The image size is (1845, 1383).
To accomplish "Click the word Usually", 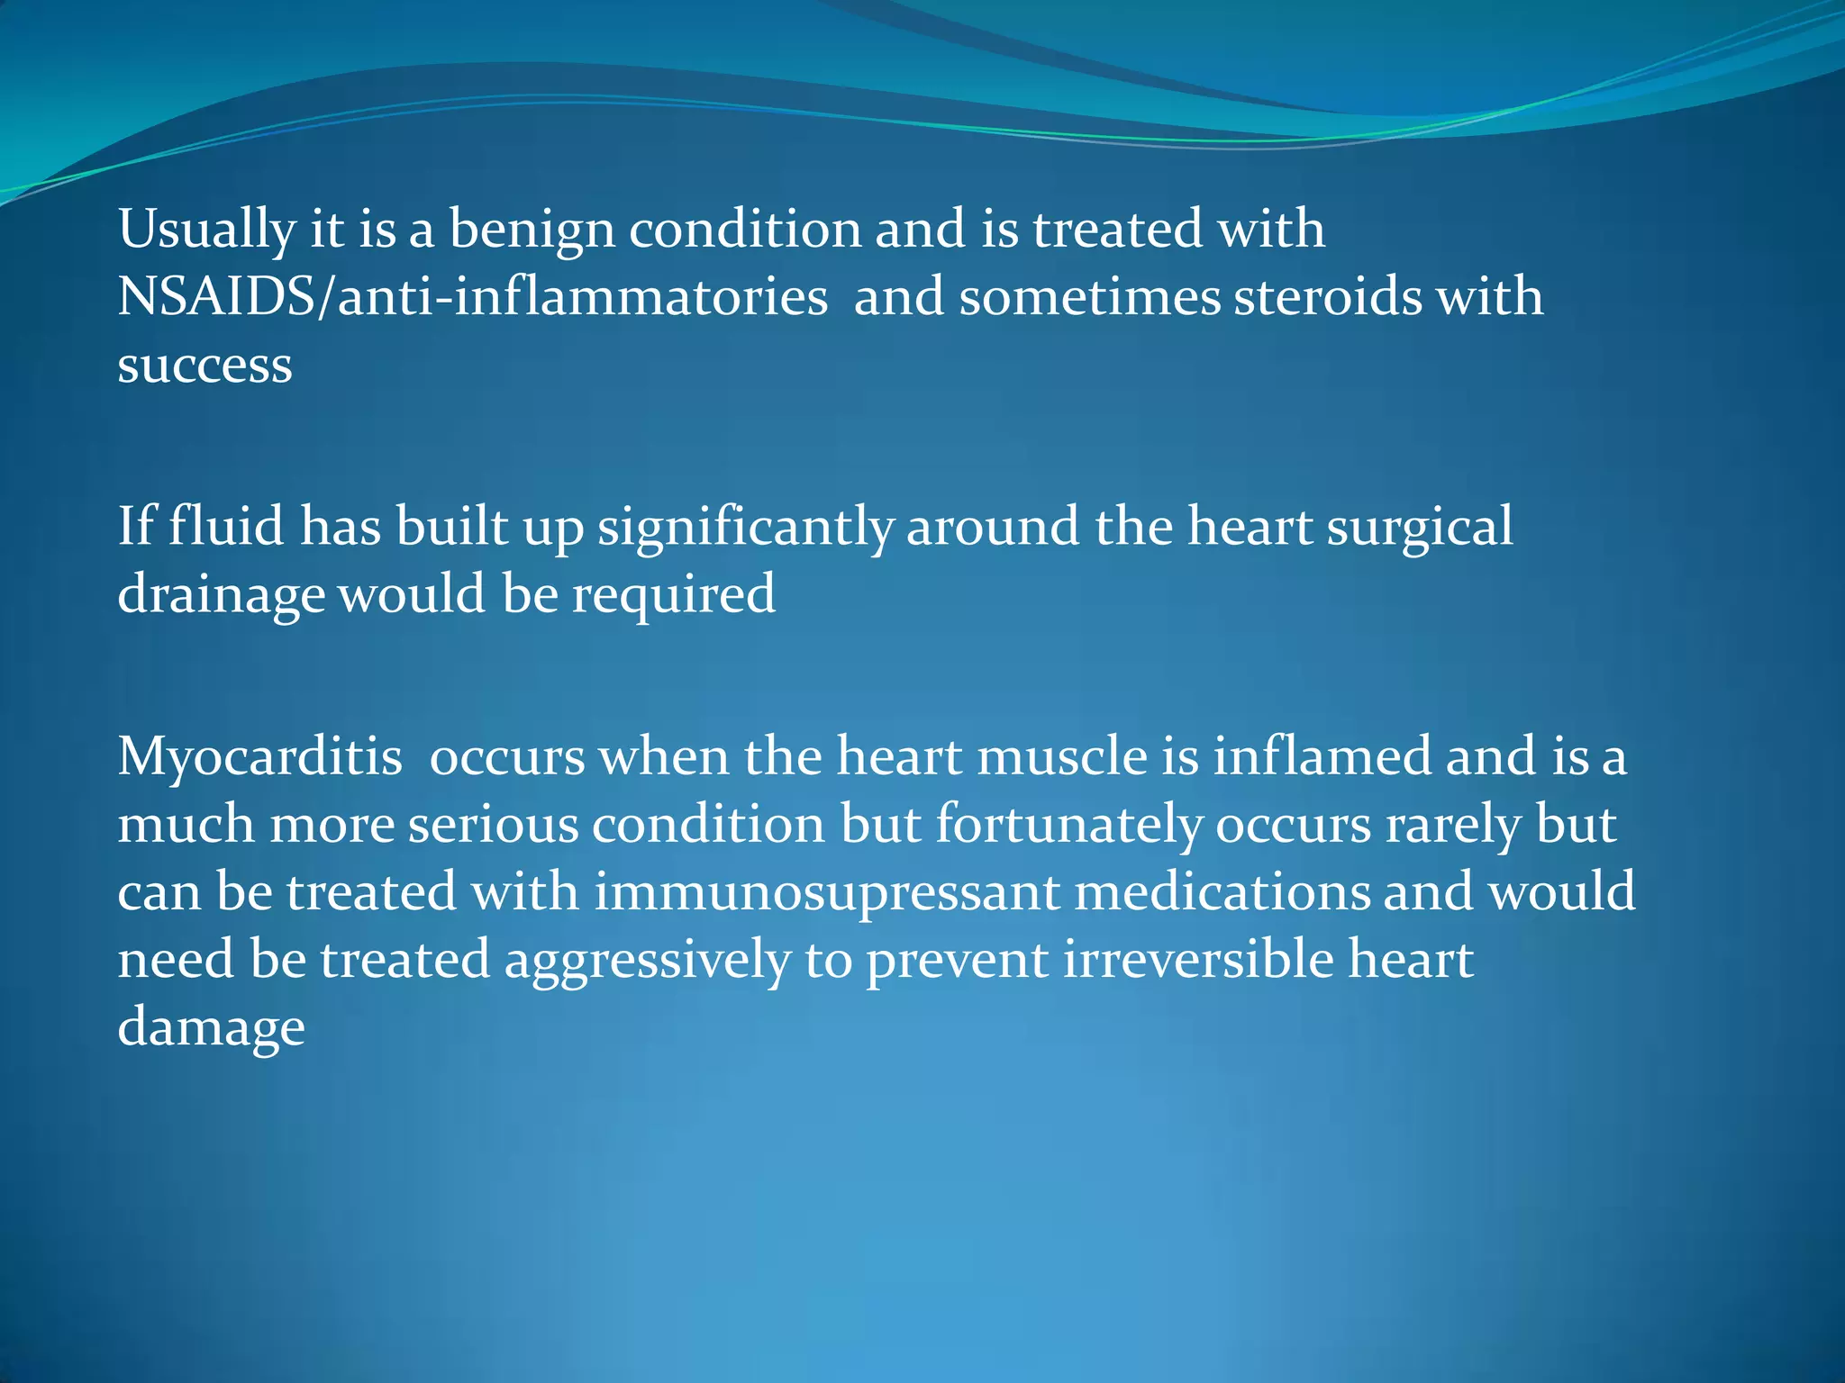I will tap(206, 230).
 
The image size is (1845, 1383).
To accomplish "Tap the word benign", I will tap(532, 230).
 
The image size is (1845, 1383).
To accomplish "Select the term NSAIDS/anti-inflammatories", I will tap(472, 297).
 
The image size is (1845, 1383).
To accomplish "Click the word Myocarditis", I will tap(259, 757).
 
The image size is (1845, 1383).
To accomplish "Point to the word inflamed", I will tap(1322, 756).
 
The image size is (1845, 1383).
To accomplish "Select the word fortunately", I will tap(1068, 825).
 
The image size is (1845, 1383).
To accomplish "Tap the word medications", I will tap(1222, 892).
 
